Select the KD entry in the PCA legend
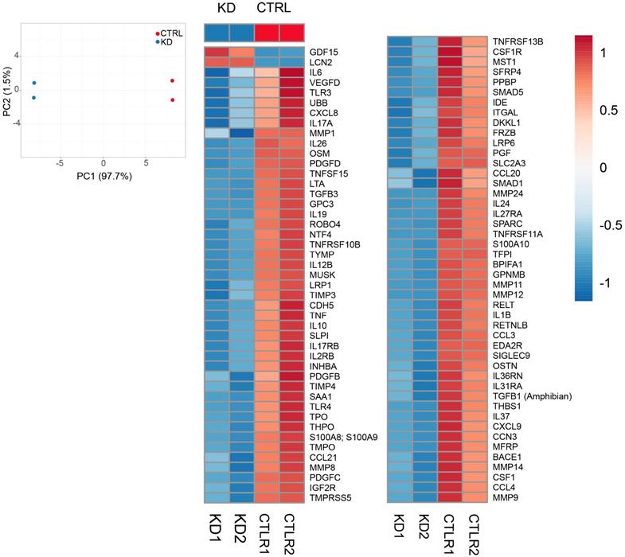click(166, 41)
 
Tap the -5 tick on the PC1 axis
click(60, 162)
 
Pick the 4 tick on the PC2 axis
click(17, 56)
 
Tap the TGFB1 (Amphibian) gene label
click(533, 395)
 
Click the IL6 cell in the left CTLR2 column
click(291, 72)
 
